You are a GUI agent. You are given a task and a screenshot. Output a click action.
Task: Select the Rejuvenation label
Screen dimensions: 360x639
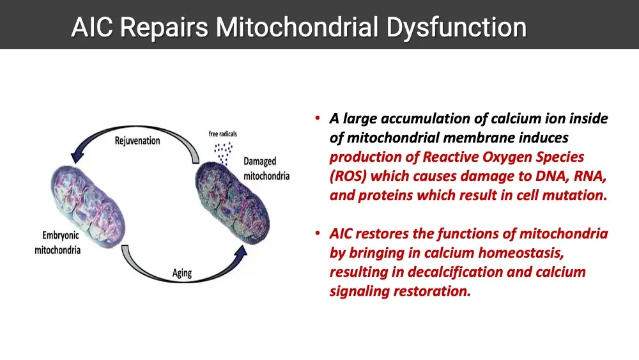[x=137, y=140]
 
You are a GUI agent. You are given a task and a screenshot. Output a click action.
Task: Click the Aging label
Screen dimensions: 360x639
[x=182, y=273]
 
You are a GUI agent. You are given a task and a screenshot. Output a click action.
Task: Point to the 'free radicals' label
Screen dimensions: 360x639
[x=222, y=134]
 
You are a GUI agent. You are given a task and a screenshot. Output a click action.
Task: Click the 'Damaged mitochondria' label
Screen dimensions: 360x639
[x=266, y=169]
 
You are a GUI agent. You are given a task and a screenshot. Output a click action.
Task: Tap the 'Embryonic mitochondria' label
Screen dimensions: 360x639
[x=58, y=243]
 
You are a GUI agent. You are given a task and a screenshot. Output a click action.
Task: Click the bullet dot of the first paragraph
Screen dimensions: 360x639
[x=317, y=118]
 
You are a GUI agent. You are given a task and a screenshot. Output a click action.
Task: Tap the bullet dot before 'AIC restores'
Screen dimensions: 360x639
[x=317, y=233]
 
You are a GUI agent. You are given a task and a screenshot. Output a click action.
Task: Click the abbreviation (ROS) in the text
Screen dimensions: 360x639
[x=348, y=176]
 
